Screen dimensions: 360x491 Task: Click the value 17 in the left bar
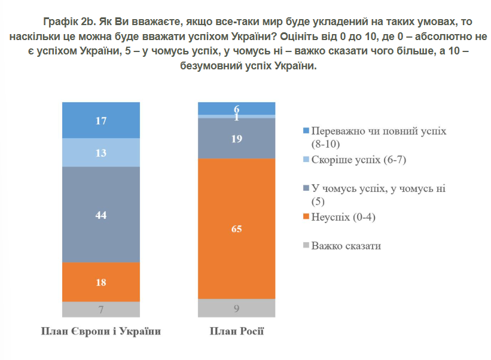point(101,121)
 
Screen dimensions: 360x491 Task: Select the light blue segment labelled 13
point(101,152)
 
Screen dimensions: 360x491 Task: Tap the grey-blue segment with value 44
point(101,215)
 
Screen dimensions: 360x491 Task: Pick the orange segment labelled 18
point(101,282)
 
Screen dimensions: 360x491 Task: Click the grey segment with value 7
point(101,309)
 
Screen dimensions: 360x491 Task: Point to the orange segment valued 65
point(237,228)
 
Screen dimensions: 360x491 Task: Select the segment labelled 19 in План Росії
point(237,138)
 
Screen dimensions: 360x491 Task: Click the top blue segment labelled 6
point(237,108)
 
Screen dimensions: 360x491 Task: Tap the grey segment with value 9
point(237,309)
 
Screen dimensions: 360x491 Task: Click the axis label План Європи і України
point(101,331)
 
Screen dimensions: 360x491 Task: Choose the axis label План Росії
point(237,331)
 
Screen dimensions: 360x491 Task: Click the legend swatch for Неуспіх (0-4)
point(306,217)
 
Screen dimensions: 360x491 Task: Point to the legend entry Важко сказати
point(346,246)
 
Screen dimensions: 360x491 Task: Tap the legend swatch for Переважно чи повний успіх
point(306,131)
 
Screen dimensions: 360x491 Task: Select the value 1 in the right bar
point(237,117)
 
